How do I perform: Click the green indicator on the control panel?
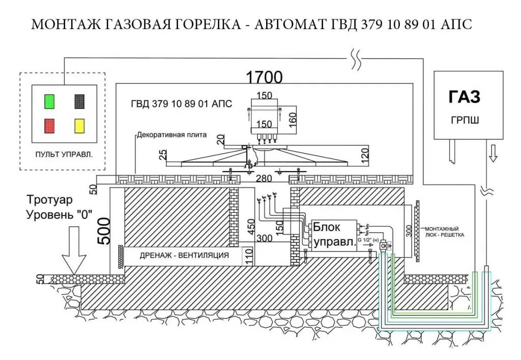coord(49,101)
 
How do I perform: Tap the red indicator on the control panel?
coord(49,125)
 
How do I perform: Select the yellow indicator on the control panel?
coord(79,125)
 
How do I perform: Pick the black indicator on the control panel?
coord(79,101)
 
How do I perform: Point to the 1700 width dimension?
coord(264,78)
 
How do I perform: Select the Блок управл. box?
coord(333,235)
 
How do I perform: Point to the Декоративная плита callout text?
coord(171,135)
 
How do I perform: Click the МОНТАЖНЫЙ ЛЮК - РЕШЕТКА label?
coord(444,232)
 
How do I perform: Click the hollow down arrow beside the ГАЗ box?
coord(491,153)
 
